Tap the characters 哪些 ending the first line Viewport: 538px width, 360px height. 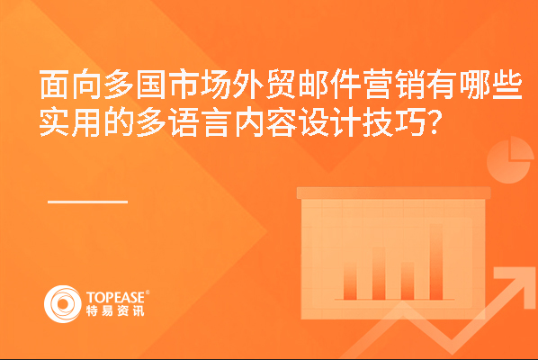click(x=490, y=85)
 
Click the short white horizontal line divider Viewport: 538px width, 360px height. click(x=87, y=202)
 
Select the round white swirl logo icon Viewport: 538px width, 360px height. click(x=63, y=304)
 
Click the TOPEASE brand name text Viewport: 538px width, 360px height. click(x=116, y=297)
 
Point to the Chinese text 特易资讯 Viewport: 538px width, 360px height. click(x=115, y=310)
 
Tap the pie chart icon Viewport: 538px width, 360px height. click(x=510, y=160)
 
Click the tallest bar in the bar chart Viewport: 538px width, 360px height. click(x=436, y=262)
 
